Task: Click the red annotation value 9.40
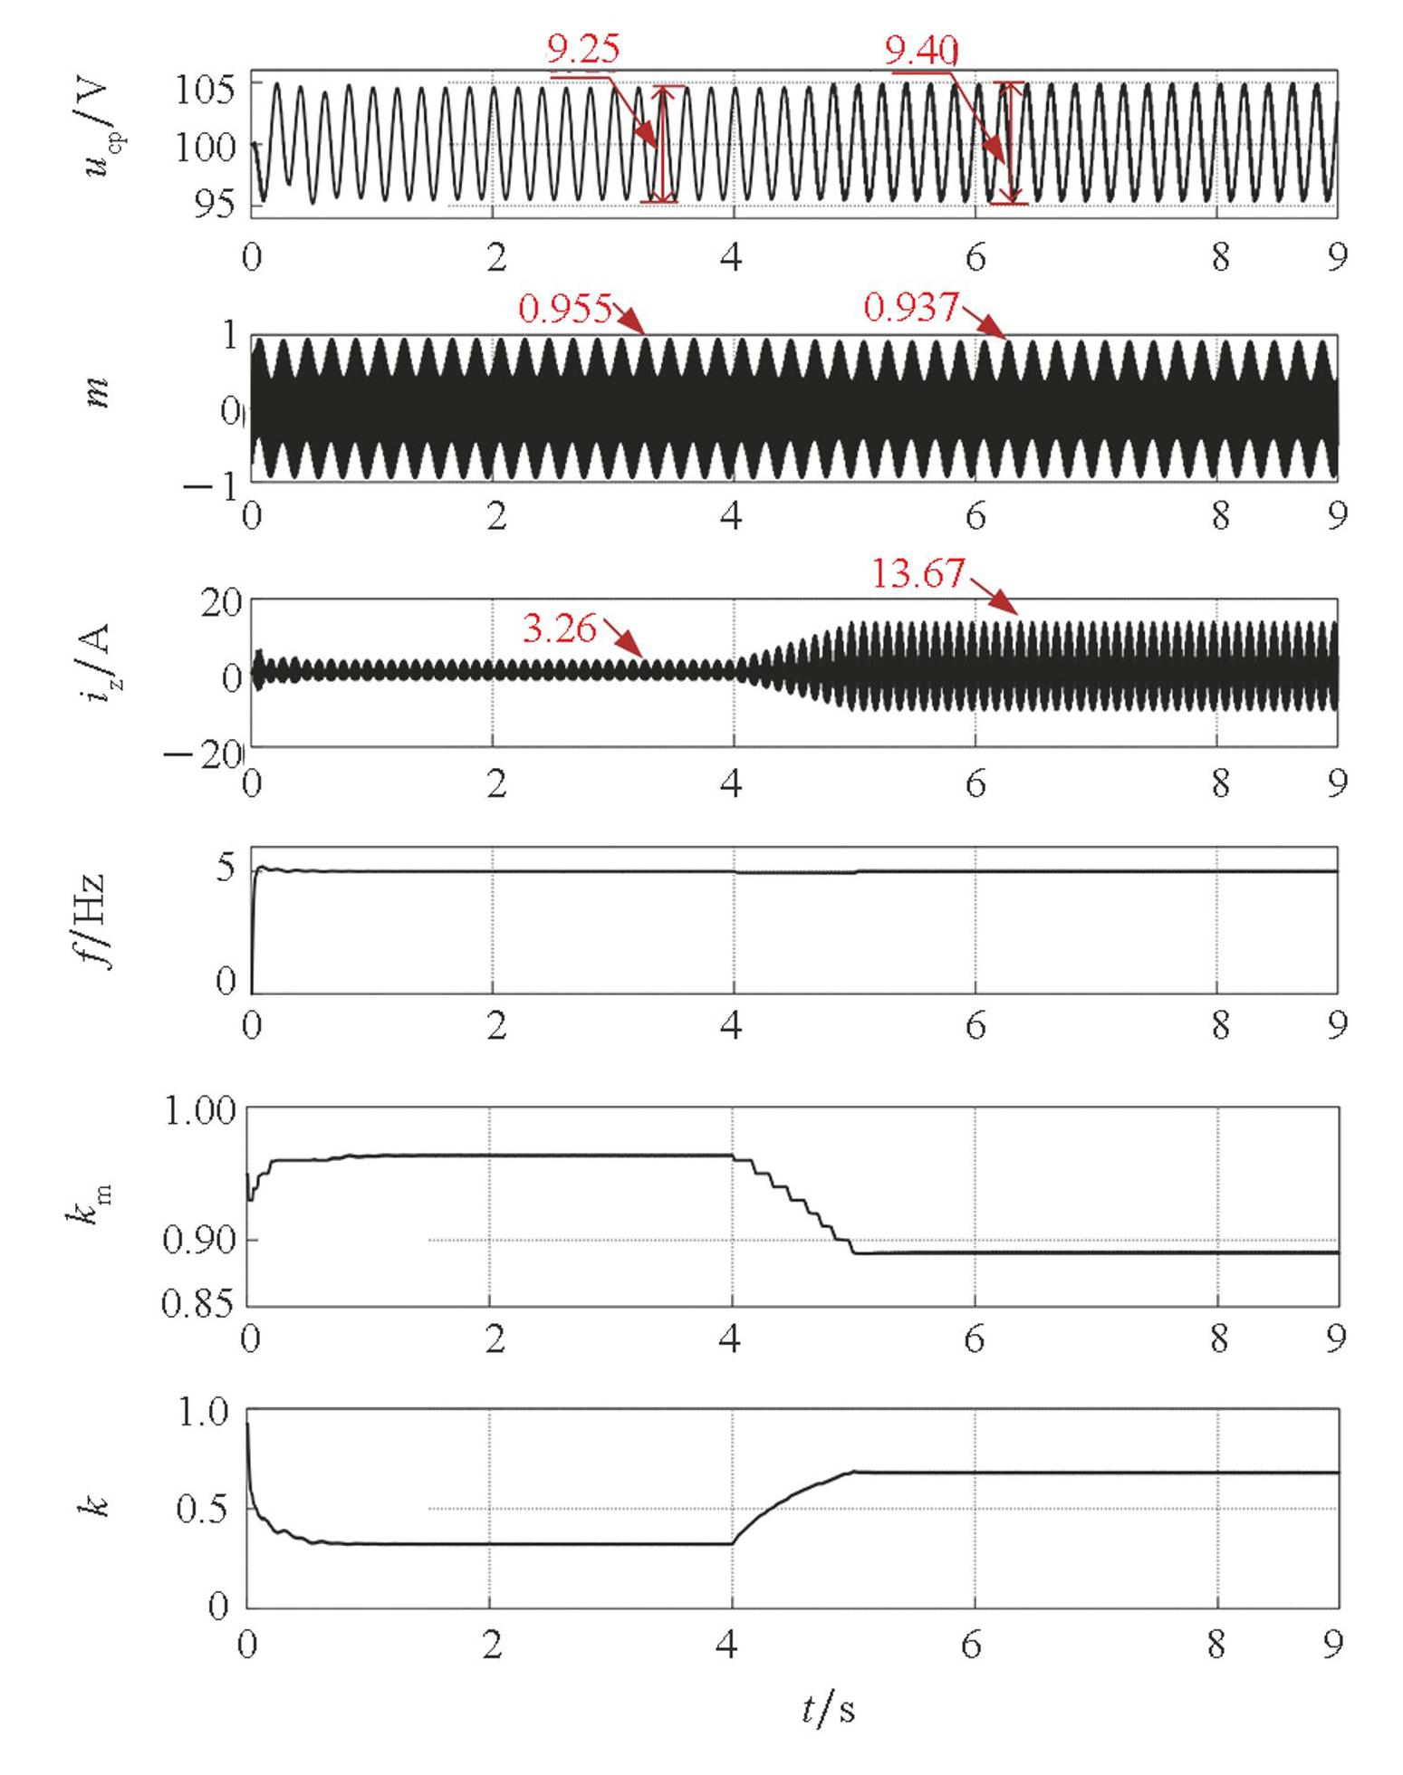pos(921,52)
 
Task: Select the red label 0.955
pos(565,309)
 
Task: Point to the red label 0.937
pos(910,309)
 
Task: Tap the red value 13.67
pos(918,574)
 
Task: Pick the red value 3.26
pos(560,628)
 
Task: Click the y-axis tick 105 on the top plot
pos(206,90)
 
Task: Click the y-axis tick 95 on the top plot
pos(216,206)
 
